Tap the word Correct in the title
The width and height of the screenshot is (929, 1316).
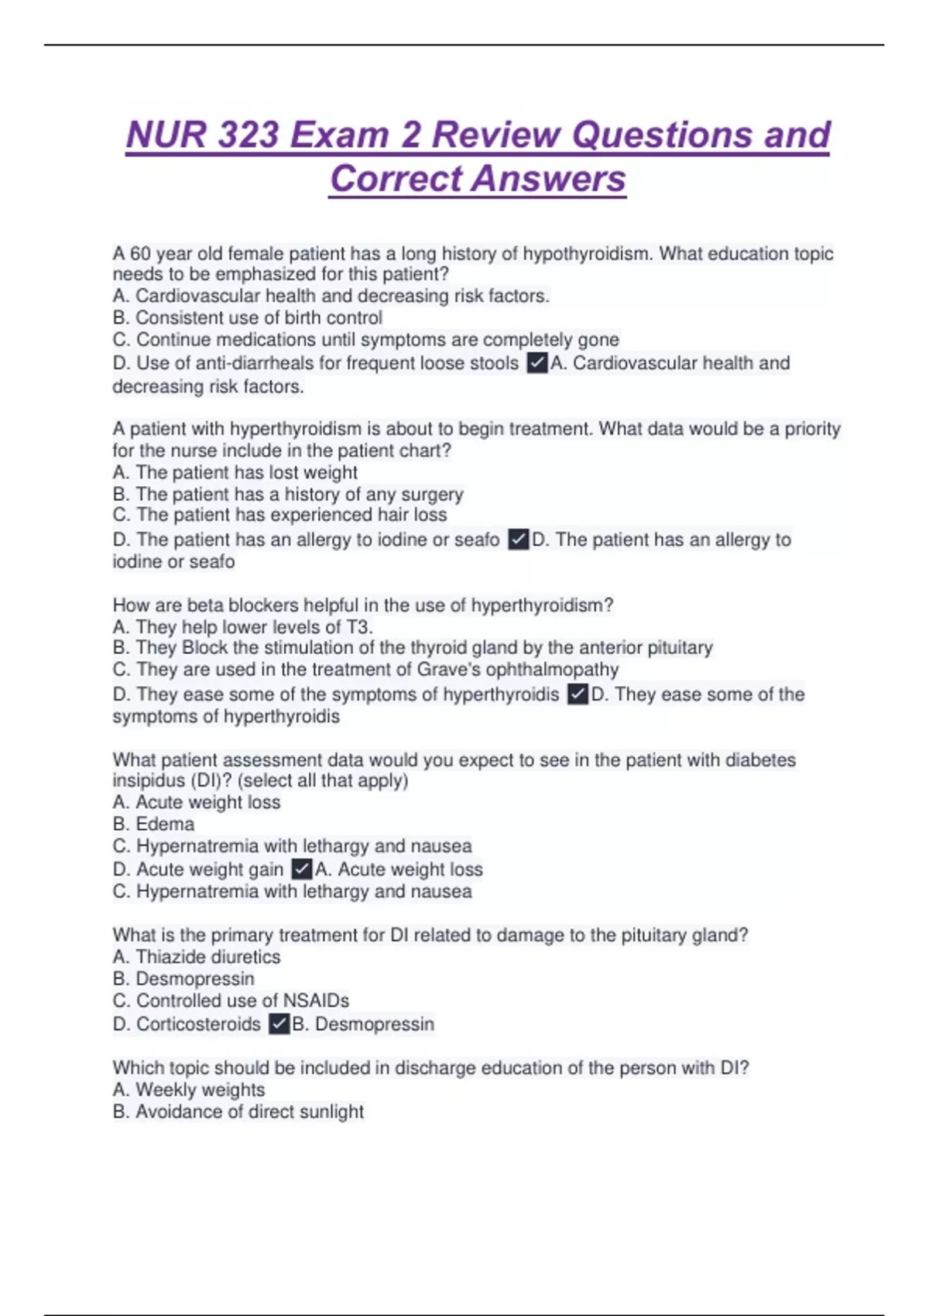(x=396, y=179)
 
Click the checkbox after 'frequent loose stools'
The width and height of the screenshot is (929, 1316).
(x=536, y=363)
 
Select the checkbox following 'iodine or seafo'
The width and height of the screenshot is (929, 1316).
(x=518, y=540)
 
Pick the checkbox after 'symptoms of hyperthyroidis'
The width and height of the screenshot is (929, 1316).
(x=578, y=694)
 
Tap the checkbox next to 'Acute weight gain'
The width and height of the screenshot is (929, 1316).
(x=302, y=869)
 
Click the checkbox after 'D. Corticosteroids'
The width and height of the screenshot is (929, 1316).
(x=279, y=1024)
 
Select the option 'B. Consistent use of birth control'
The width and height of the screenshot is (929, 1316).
(x=248, y=318)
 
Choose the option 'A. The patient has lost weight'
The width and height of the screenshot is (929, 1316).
(x=235, y=473)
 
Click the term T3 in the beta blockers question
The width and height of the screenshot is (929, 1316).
(x=357, y=627)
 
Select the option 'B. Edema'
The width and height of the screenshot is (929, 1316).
(x=153, y=824)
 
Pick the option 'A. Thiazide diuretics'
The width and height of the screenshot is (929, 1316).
(x=197, y=957)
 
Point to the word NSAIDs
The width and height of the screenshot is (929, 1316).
(x=317, y=1000)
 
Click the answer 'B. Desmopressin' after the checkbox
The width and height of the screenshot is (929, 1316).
(x=363, y=1024)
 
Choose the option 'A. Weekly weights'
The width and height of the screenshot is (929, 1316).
(x=189, y=1090)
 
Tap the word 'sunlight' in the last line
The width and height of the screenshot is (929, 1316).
(x=331, y=1112)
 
